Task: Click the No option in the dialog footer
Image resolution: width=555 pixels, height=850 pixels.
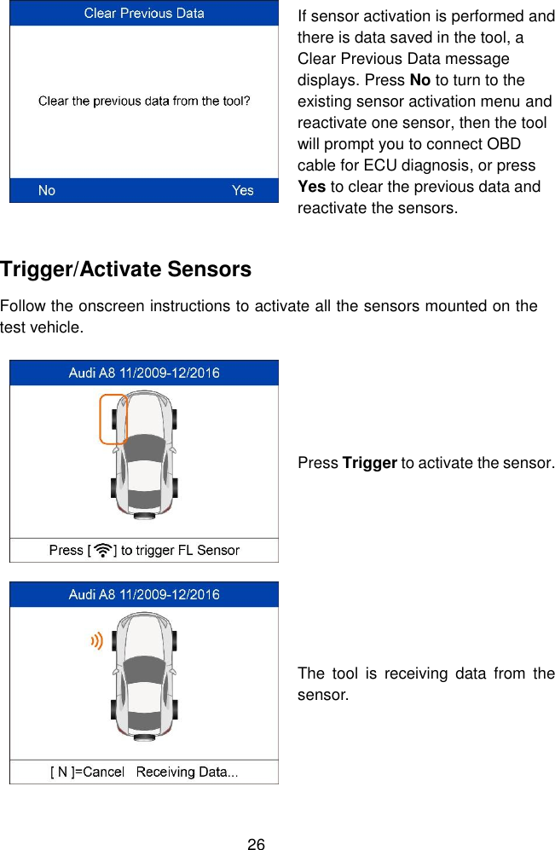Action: [47, 190]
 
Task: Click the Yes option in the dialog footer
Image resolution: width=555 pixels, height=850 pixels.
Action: [242, 190]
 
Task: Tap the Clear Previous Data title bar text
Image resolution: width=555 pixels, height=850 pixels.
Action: [144, 14]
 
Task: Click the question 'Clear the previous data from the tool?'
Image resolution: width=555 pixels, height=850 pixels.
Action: [144, 101]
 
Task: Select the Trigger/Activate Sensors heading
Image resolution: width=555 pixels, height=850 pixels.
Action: [126, 269]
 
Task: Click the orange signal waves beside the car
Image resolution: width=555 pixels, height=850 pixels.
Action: [96, 641]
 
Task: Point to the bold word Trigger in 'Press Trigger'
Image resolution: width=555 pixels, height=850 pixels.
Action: [369, 463]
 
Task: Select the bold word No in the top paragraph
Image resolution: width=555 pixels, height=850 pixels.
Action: [420, 81]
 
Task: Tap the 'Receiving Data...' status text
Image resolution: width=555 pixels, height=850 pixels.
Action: [188, 772]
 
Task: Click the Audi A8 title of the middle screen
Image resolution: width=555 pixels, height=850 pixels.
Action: [144, 373]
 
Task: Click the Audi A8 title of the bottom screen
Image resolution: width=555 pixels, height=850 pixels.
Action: [144, 594]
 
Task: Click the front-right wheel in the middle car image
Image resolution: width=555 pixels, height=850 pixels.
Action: [174, 419]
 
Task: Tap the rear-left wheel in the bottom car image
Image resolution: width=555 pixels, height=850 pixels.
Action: [114, 709]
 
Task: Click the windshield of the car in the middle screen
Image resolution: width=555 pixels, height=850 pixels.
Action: [144, 447]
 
